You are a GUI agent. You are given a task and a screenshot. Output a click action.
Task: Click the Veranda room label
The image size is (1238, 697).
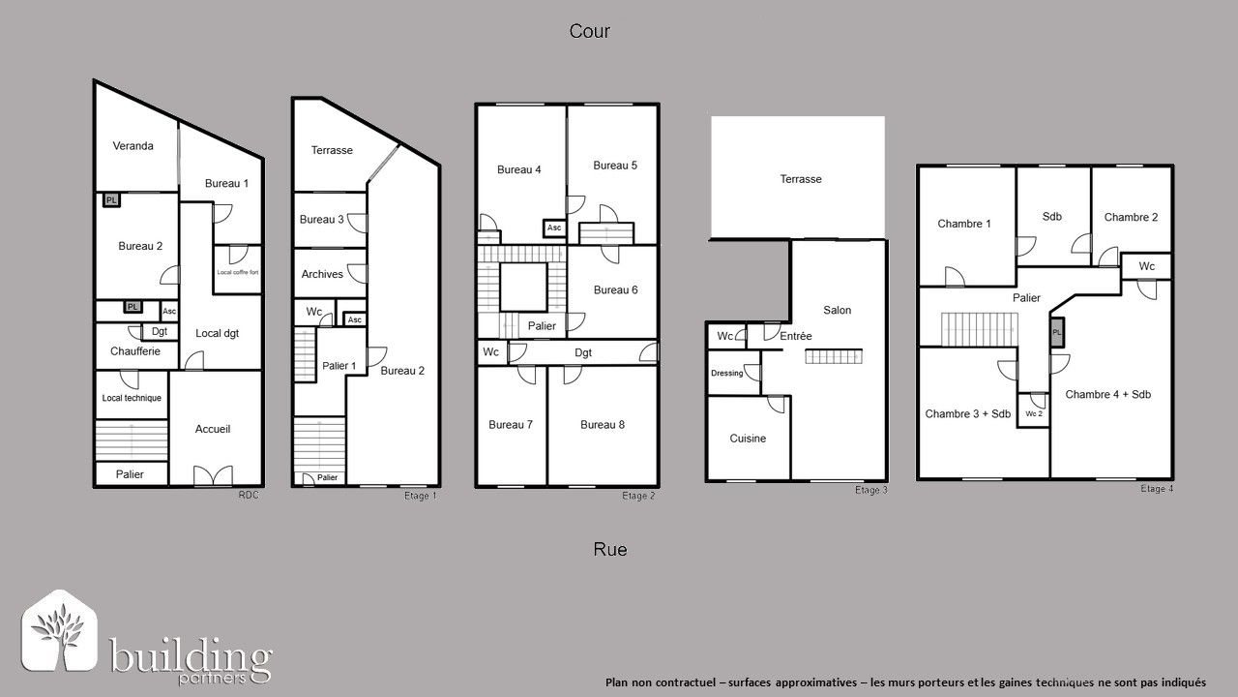pos(133,146)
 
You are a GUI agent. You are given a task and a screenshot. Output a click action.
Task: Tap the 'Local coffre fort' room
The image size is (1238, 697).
pos(237,272)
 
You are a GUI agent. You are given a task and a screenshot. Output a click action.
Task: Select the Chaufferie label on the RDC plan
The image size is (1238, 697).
pos(135,351)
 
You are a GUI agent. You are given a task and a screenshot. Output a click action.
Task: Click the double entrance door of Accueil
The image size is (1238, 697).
pos(213,476)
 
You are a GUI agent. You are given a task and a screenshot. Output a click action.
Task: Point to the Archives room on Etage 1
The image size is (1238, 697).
pos(322,274)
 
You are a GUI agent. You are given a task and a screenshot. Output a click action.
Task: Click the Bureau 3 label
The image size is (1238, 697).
pos(321,220)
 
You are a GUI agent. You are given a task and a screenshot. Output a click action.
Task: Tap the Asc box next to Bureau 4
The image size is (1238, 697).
pos(554,228)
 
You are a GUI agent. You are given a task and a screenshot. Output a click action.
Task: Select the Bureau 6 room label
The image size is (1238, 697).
pos(615,289)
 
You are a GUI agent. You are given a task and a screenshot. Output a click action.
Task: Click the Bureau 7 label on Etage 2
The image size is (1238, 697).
pos(511,424)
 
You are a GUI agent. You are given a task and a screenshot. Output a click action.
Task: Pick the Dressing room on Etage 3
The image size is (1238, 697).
pos(726,373)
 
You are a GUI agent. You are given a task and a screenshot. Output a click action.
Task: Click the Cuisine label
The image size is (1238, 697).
pos(748,439)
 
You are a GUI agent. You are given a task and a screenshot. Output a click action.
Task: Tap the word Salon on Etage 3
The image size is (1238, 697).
pos(838,310)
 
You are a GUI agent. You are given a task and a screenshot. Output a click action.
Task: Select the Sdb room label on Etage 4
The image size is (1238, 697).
pos(1052,216)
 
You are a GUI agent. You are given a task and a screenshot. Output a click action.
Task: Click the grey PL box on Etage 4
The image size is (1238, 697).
pos(1057,332)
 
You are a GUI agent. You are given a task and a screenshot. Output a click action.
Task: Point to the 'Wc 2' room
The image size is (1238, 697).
pos(1034,413)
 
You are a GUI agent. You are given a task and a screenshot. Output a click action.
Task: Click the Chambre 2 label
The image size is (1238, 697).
pos(1131,217)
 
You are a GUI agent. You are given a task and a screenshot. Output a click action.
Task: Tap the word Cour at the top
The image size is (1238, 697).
pos(589,31)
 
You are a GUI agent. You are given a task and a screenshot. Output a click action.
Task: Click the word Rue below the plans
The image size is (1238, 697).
pos(610,549)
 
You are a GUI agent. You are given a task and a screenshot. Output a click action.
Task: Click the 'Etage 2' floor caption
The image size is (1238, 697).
pos(638,496)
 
